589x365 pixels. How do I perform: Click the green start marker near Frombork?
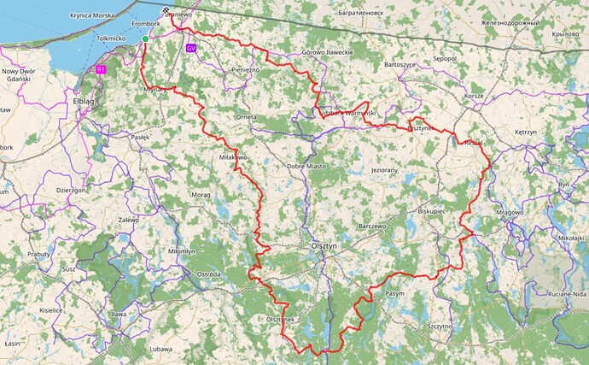point(145,39)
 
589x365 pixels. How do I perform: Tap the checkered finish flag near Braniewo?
point(167,13)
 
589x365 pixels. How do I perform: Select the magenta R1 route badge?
point(101,69)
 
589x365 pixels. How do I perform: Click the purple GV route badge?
point(190,49)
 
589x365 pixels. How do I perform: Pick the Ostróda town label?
point(208,274)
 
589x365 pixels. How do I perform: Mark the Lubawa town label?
point(160,349)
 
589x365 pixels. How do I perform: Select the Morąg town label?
point(201,195)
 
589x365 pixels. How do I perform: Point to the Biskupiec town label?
point(432,209)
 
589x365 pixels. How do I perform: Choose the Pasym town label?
point(394,293)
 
